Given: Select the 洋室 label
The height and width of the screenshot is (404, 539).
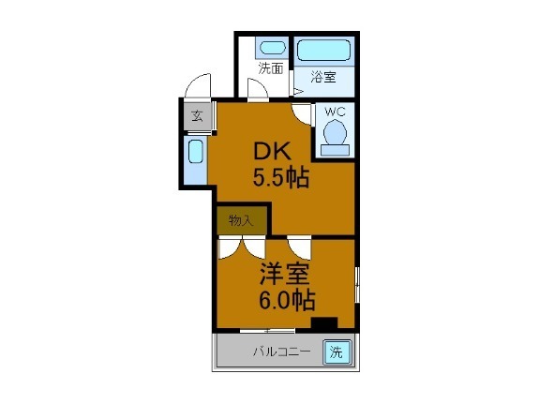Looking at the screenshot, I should coord(286,275).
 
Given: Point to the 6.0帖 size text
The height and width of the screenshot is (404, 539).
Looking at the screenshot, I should coord(286,301).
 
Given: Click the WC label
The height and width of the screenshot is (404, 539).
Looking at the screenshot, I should coord(335,112).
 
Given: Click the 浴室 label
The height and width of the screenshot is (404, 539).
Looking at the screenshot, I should coord(323,79).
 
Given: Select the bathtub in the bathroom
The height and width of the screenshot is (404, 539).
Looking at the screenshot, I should coord(323,50).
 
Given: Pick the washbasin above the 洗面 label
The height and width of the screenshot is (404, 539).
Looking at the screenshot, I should coord(272,47).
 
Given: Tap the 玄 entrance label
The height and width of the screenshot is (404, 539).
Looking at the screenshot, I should coord(197,116).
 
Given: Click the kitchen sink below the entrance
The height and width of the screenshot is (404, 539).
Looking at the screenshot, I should coord(196,159).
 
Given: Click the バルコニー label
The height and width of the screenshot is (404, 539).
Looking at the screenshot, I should coord(280,353).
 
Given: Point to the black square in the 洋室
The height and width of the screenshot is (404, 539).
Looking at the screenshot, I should coord(324,323).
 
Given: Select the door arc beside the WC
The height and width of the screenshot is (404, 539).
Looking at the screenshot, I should coord(300,113).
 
